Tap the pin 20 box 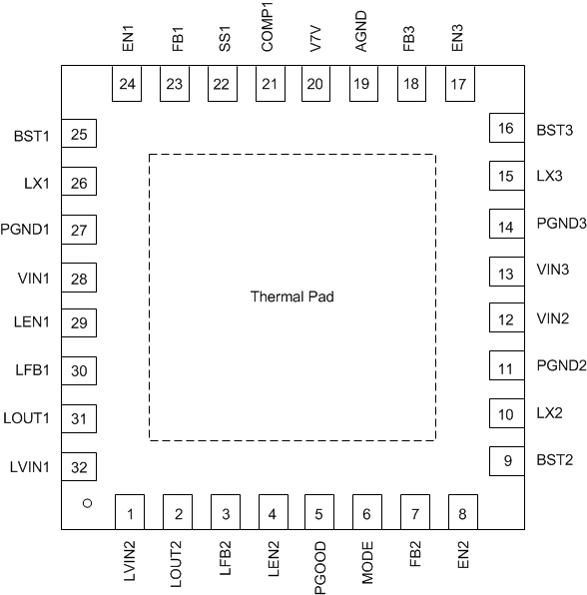point(314,84)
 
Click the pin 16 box point(506,129)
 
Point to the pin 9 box point(506,461)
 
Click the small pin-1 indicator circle point(87,504)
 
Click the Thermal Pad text point(292,297)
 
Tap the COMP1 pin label point(268,27)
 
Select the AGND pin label point(361,30)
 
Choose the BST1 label point(32,135)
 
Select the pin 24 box point(126,84)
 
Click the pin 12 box point(506,319)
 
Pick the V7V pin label point(314,40)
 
